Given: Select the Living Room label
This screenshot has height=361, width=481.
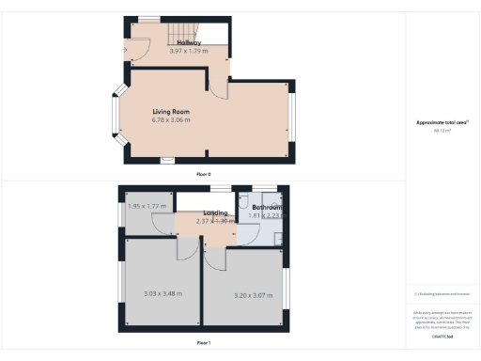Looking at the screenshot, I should [172, 113].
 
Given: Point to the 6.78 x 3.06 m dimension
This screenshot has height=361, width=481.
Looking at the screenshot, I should [172, 120].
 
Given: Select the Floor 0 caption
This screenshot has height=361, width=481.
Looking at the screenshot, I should [203, 175].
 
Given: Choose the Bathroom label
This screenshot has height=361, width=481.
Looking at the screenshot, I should [266, 207].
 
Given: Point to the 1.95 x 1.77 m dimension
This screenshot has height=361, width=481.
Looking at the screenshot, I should [147, 206].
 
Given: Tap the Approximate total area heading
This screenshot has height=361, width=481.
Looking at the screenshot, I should [442, 123].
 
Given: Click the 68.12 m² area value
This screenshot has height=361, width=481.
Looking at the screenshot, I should [442, 131].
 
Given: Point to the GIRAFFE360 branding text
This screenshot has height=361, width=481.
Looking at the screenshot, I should [442, 336].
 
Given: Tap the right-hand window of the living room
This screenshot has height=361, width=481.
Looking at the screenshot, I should [292, 118].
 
